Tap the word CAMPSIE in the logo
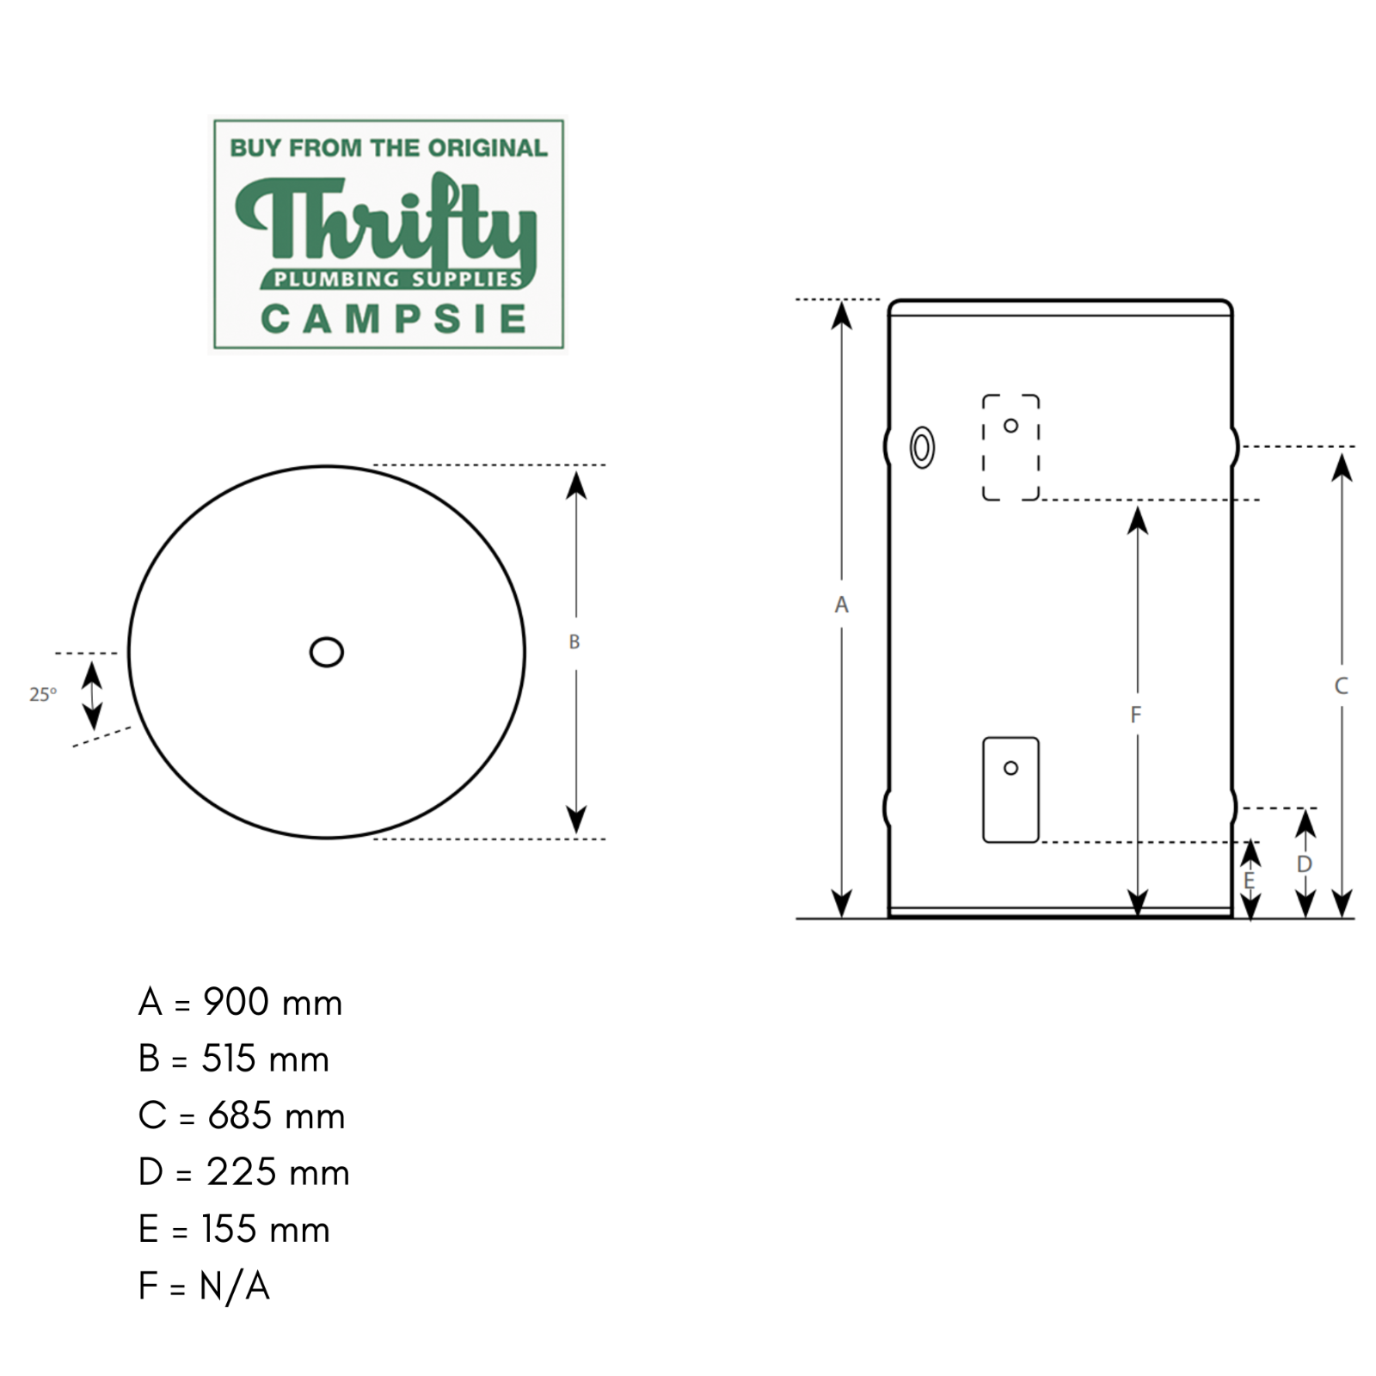pos(393,319)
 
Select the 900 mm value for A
pos(273,1003)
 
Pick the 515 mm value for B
pos(265,1060)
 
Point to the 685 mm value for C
pos(276,1116)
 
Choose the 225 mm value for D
pos(278,1173)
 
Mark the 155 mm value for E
pos(266,1230)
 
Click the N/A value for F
pos(235,1287)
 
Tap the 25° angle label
pos(43,694)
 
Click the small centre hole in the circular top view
pos(327,652)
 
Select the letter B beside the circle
pos(574,642)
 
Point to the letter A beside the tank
pos(841,605)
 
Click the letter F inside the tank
pos(1136,714)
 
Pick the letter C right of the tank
pos(1341,686)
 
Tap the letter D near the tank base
pos(1305,863)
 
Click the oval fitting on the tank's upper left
pos(922,447)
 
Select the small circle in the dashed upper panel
pos(1011,426)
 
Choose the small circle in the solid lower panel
pos(1011,768)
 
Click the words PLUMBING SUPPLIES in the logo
pos(397,279)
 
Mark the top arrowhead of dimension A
pos(842,316)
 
